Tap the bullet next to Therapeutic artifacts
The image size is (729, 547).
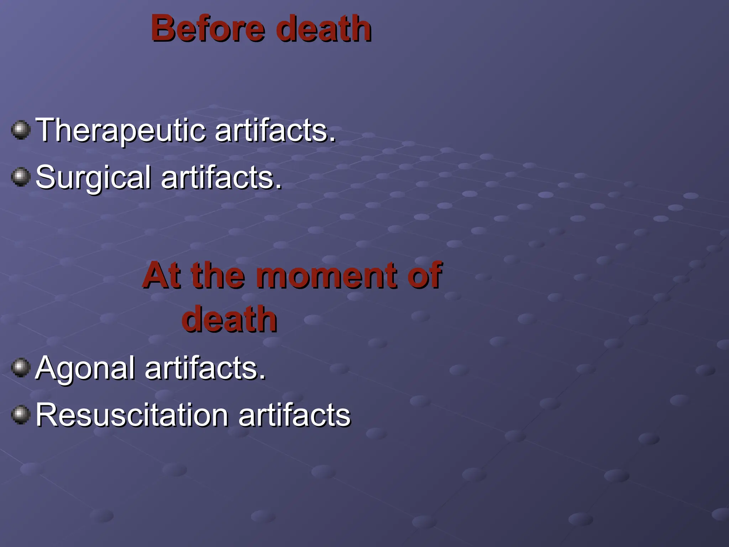pyautogui.click(x=21, y=130)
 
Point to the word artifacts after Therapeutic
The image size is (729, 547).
pyautogui.click(x=272, y=130)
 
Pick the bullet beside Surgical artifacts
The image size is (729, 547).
pyautogui.click(x=21, y=177)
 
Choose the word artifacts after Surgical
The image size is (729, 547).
pyautogui.click(x=218, y=178)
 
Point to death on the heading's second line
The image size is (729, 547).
pyautogui.click(x=229, y=319)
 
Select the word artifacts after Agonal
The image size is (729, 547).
pyautogui.click(x=202, y=368)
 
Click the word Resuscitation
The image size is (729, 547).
pyautogui.click(x=132, y=415)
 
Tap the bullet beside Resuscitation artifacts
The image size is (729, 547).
pyautogui.click(x=21, y=415)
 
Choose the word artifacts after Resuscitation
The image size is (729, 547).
pyautogui.click(x=294, y=415)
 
